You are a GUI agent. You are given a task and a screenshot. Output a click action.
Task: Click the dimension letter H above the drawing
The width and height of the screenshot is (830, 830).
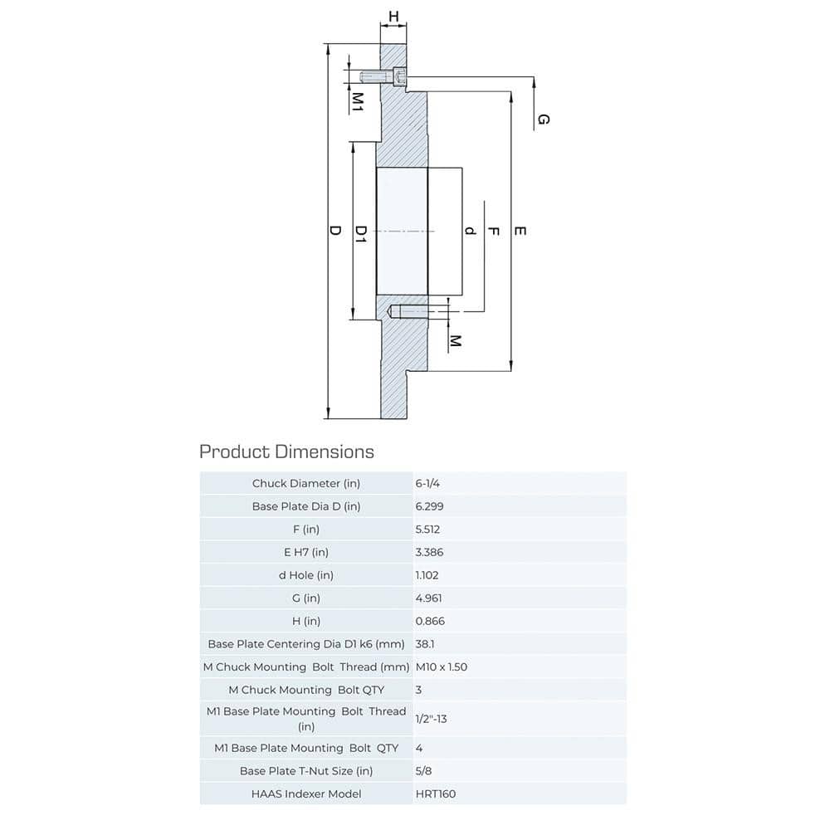[393, 16]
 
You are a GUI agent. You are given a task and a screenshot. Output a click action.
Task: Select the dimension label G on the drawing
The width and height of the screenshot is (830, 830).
[543, 120]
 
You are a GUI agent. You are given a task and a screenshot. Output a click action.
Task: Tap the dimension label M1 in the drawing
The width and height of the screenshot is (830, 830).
[358, 102]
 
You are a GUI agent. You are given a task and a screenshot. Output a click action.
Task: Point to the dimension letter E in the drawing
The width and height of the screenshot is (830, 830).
[520, 231]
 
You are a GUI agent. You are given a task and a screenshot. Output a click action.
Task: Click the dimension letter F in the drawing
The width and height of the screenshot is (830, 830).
[493, 231]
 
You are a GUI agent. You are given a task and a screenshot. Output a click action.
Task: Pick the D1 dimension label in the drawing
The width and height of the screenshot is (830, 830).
[361, 233]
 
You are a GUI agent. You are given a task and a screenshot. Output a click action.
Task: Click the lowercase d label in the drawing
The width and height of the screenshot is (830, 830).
[470, 231]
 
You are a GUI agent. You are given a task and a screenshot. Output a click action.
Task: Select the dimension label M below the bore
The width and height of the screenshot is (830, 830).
[455, 341]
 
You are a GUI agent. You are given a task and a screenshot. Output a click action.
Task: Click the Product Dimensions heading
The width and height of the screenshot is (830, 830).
[286, 452]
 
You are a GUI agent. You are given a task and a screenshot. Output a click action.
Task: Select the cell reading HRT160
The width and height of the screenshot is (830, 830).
[436, 793]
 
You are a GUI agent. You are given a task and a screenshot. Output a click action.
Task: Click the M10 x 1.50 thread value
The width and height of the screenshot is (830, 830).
[441, 666]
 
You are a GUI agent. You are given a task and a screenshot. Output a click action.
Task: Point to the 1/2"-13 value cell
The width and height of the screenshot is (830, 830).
[431, 718]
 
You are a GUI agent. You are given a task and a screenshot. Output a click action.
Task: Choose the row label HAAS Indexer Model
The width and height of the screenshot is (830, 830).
[306, 793]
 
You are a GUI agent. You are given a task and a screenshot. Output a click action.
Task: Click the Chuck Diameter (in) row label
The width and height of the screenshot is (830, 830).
[306, 483]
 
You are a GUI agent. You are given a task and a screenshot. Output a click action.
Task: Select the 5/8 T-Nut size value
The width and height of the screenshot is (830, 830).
[423, 770]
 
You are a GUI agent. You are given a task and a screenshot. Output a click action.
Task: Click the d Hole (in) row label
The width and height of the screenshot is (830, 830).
[306, 574]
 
